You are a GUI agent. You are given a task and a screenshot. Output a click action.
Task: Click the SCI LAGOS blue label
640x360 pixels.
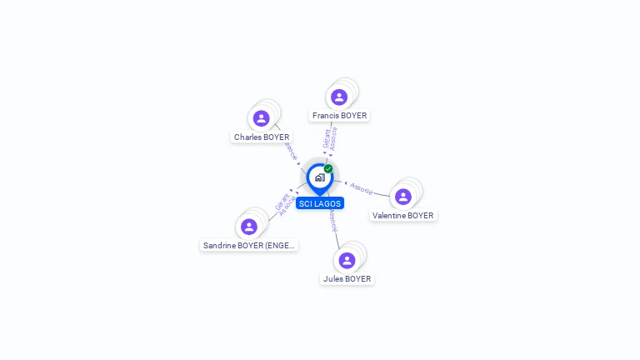[319, 203]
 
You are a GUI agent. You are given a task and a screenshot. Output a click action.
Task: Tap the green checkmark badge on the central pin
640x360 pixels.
[328, 169]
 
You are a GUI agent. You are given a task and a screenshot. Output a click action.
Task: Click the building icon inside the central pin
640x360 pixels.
[319, 177]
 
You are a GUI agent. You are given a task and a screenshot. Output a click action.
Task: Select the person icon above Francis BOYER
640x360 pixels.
[339, 97]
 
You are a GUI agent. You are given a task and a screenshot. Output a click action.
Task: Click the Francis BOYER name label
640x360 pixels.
[339, 116]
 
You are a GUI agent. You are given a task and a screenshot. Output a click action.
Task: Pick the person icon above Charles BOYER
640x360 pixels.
[262, 118]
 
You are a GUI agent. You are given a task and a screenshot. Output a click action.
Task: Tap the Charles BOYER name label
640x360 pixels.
[262, 137]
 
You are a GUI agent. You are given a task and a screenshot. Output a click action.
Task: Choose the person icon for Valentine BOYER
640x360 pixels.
[403, 197]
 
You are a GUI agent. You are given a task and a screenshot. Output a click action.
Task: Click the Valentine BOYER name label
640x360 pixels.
[402, 215]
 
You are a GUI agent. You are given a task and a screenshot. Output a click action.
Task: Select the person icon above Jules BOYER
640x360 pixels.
[347, 260]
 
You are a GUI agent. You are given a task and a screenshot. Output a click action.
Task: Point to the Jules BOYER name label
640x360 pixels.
[347, 279]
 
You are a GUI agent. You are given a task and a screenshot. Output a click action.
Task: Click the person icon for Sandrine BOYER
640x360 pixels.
[248, 227]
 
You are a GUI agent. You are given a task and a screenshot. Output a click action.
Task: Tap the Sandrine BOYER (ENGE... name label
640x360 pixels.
[250, 246]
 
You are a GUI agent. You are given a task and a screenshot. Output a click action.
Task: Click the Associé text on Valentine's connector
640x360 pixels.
[362, 187]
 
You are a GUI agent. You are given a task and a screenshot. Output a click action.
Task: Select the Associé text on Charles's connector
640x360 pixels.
[291, 150]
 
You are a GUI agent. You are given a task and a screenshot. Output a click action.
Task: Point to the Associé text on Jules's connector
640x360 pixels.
[332, 220]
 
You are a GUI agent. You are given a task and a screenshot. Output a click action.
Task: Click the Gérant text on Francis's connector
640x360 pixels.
[326, 138]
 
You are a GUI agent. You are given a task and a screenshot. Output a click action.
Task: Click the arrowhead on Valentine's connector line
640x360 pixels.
[346, 182]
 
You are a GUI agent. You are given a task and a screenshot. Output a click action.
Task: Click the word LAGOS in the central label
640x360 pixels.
[327, 203]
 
